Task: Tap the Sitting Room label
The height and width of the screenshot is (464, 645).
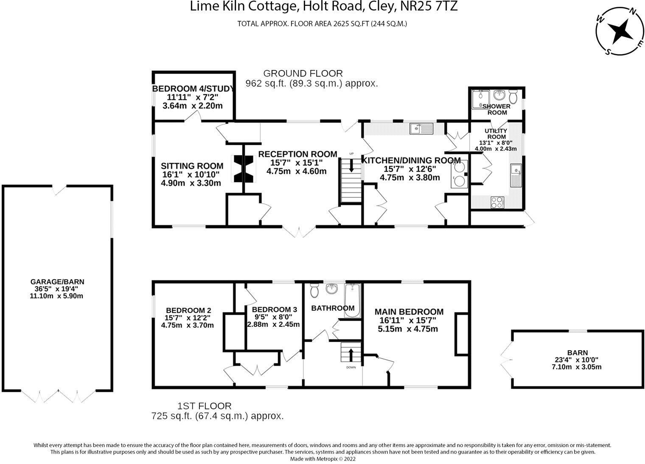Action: (192, 166)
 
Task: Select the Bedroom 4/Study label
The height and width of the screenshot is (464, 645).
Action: (193, 89)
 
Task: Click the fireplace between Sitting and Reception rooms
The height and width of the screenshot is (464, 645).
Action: (243, 169)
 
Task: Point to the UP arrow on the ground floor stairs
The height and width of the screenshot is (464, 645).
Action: (351, 166)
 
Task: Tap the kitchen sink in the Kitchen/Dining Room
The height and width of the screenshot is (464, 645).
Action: (421, 128)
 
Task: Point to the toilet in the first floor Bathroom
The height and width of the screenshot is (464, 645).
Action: (315, 290)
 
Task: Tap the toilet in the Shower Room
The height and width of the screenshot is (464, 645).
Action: (513, 97)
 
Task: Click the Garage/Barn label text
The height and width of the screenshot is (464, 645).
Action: (57, 281)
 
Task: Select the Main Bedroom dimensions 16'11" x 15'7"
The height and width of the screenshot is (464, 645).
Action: (405, 320)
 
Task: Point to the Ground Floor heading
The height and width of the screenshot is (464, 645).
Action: (303, 73)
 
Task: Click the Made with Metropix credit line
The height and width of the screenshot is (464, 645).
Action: (322, 458)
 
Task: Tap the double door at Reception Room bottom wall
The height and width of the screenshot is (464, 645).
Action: (299, 232)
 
